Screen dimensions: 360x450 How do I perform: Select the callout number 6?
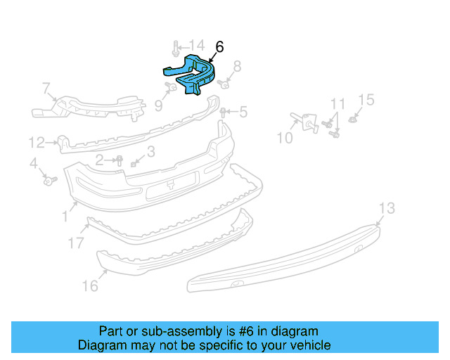click(219, 47)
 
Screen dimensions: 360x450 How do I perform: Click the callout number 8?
click(237, 67)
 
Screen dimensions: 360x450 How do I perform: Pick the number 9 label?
click(158, 105)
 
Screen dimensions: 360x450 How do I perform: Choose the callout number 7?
click(46, 89)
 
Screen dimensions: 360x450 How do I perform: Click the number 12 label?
click(37, 143)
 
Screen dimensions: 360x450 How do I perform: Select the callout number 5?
click(243, 111)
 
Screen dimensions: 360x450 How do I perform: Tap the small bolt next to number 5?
click(224, 112)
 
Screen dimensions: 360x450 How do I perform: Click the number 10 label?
click(284, 139)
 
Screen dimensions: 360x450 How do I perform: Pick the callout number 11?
click(338, 103)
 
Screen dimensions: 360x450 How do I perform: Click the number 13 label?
click(387, 208)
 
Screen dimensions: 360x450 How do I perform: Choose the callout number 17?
click(75, 243)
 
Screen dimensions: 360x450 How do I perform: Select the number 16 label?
click(89, 286)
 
